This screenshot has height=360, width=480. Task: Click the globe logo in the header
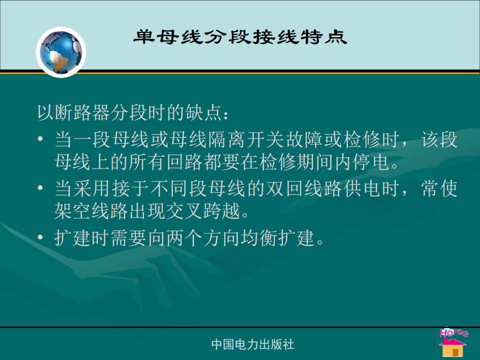point(61,52)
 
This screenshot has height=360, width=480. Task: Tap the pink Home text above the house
point(453,332)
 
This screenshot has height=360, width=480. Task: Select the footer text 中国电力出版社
point(253,344)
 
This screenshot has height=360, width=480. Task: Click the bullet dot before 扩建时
point(40,237)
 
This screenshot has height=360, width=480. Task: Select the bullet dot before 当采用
point(40,187)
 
